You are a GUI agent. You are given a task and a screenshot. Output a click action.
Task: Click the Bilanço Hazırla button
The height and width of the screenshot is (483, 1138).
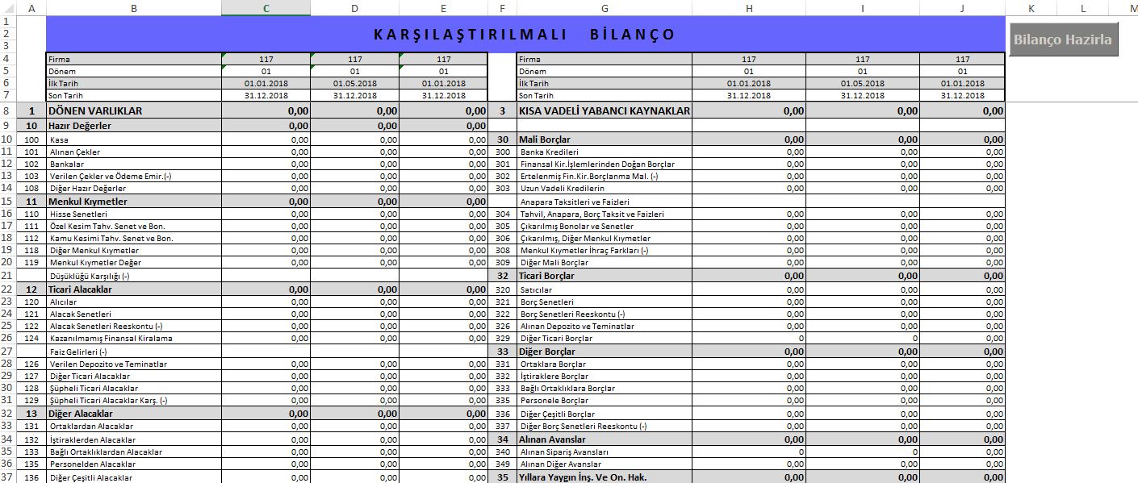[1063, 40]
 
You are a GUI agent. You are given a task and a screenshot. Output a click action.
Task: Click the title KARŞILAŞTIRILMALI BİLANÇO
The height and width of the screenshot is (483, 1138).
[525, 35]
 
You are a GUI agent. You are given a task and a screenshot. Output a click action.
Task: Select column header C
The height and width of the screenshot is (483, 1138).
[266, 8]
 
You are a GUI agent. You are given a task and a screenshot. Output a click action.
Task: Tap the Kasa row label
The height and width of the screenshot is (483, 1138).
[60, 139]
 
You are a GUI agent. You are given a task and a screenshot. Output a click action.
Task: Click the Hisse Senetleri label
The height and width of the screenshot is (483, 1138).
[78, 214]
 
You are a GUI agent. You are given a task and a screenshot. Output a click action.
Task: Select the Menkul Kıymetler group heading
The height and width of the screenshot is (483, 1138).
[88, 201]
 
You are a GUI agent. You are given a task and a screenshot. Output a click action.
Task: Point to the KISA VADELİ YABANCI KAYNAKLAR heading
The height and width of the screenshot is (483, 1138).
[605, 110]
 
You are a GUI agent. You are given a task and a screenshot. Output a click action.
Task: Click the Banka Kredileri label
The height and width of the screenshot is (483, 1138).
[550, 152]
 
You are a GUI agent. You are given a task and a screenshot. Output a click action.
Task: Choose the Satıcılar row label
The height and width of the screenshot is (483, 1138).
[537, 289]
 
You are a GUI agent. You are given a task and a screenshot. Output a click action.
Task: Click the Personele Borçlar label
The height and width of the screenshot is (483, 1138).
[554, 400]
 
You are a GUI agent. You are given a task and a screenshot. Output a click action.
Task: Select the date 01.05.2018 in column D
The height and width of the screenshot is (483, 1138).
[355, 83]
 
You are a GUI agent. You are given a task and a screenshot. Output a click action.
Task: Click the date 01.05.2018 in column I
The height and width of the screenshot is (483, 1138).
[862, 83]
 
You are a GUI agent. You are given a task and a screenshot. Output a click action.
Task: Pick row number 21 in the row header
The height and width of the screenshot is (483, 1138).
[6, 276]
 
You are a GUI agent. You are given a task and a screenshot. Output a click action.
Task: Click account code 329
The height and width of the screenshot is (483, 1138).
[503, 339]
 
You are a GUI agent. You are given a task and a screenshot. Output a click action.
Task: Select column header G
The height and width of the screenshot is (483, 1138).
[604, 8]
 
